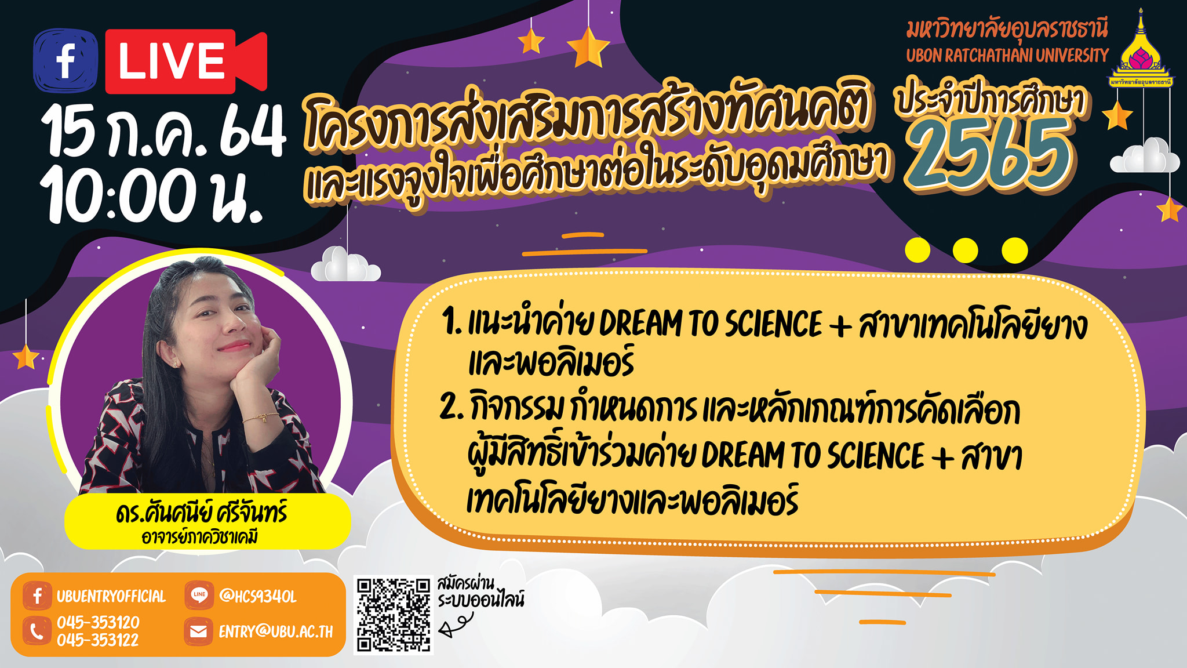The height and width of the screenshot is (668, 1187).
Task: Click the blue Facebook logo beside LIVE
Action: (65, 61)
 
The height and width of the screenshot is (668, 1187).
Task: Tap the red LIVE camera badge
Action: (186, 61)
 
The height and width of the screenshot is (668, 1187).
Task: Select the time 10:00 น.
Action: (152, 195)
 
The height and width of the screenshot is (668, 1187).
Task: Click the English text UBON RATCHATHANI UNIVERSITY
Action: (1007, 56)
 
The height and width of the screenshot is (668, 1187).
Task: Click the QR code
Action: (394, 615)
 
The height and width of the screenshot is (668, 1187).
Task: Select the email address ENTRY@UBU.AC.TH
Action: (276, 631)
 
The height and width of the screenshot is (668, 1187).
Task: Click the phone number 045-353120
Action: (98, 622)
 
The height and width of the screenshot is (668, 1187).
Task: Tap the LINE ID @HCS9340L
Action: (258, 596)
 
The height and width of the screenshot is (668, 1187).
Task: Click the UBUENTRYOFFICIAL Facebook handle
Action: (111, 596)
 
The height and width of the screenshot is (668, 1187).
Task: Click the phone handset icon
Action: (37, 631)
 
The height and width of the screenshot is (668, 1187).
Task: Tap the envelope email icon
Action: (198, 631)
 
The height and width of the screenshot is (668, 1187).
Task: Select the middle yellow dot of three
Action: (966, 251)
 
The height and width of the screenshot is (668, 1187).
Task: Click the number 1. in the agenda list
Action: (451, 322)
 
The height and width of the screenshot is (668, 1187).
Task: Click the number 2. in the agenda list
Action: (452, 407)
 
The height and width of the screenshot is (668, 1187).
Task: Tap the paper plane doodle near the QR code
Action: (454, 625)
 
